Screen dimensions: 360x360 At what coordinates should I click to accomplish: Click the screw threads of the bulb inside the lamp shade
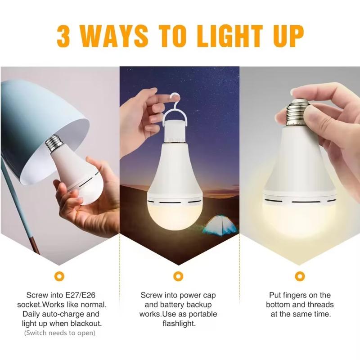pyautogui.click(x=54, y=142)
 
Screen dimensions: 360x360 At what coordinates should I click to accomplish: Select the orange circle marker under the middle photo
pyautogui.click(x=178, y=275)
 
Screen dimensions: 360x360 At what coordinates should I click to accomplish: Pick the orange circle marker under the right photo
pyautogui.click(x=299, y=275)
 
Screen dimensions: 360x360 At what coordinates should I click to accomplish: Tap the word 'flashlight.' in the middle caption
pyautogui.click(x=178, y=324)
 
